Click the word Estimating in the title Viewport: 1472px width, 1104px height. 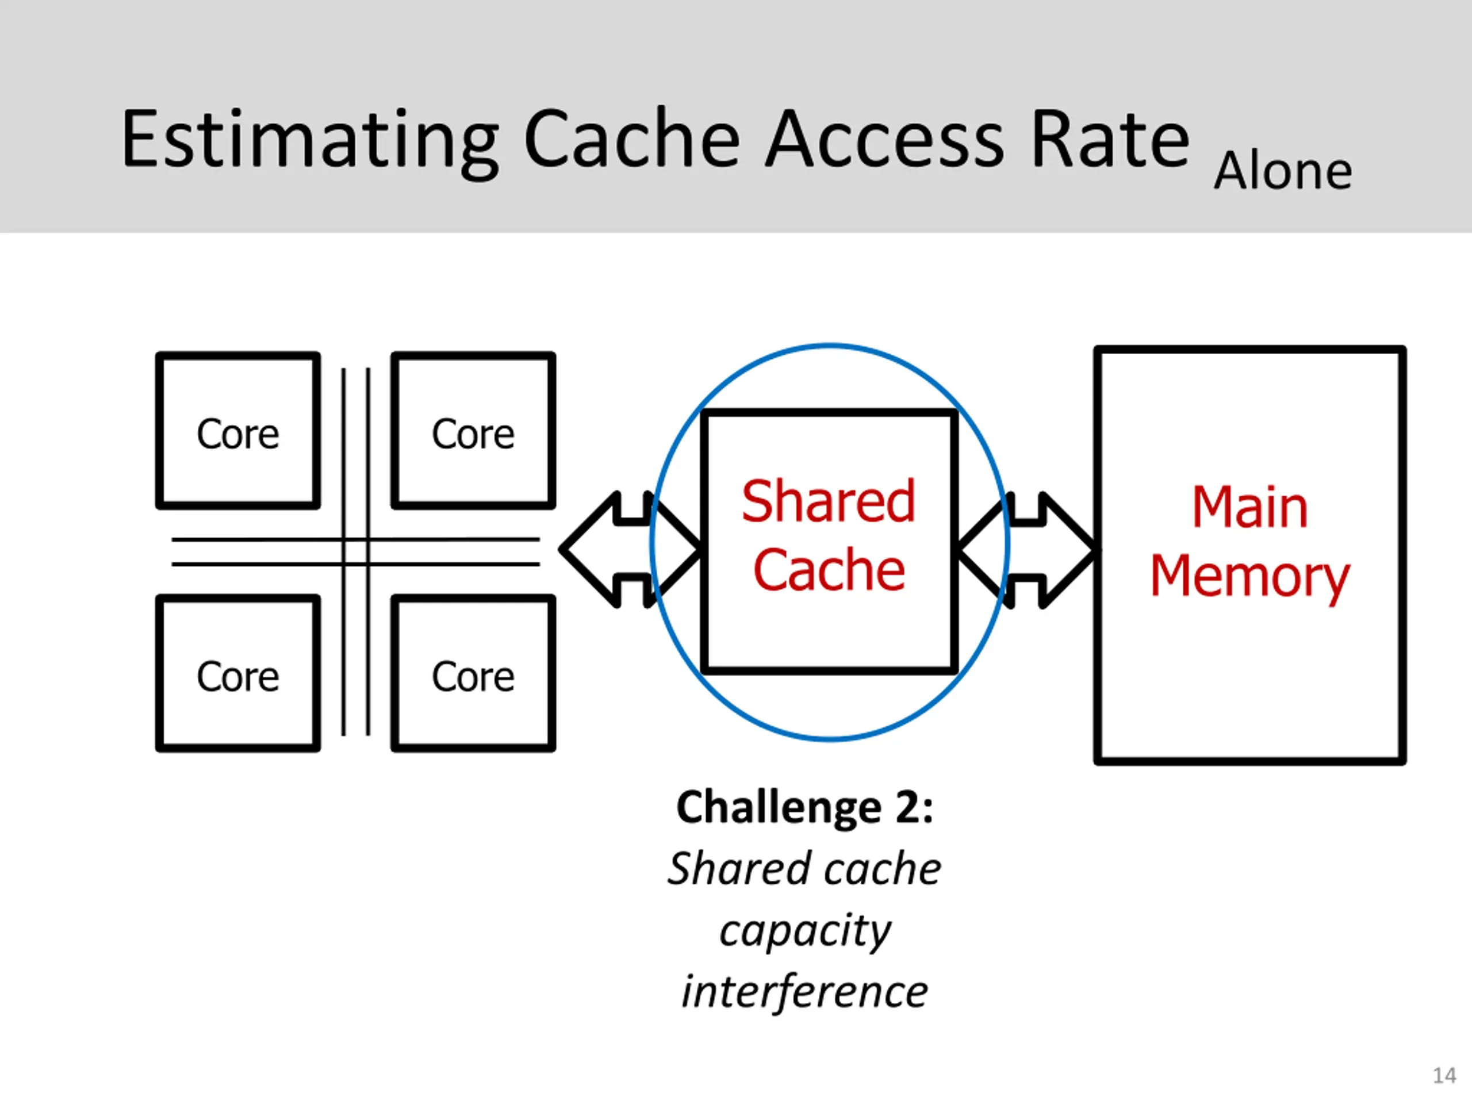click(309, 140)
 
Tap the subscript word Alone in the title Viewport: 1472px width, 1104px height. click(1282, 172)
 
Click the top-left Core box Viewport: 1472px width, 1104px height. click(237, 431)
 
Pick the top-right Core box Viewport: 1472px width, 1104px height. click(473, 431)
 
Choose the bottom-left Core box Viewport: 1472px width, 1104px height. click(237, 673)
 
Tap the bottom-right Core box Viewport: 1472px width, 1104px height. click(473, 673)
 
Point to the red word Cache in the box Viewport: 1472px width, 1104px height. click(829, 570)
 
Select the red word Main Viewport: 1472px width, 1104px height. click(1249, 507)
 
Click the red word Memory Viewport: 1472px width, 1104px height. click(1249, 576)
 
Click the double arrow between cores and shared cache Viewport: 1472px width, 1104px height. click(629, 550)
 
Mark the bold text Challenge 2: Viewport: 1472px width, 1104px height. click(804, 808)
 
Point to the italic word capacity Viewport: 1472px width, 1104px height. click(804, 930)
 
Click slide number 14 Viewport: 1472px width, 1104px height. click(1444, 1075)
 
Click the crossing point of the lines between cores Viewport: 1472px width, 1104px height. click(356, 551)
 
